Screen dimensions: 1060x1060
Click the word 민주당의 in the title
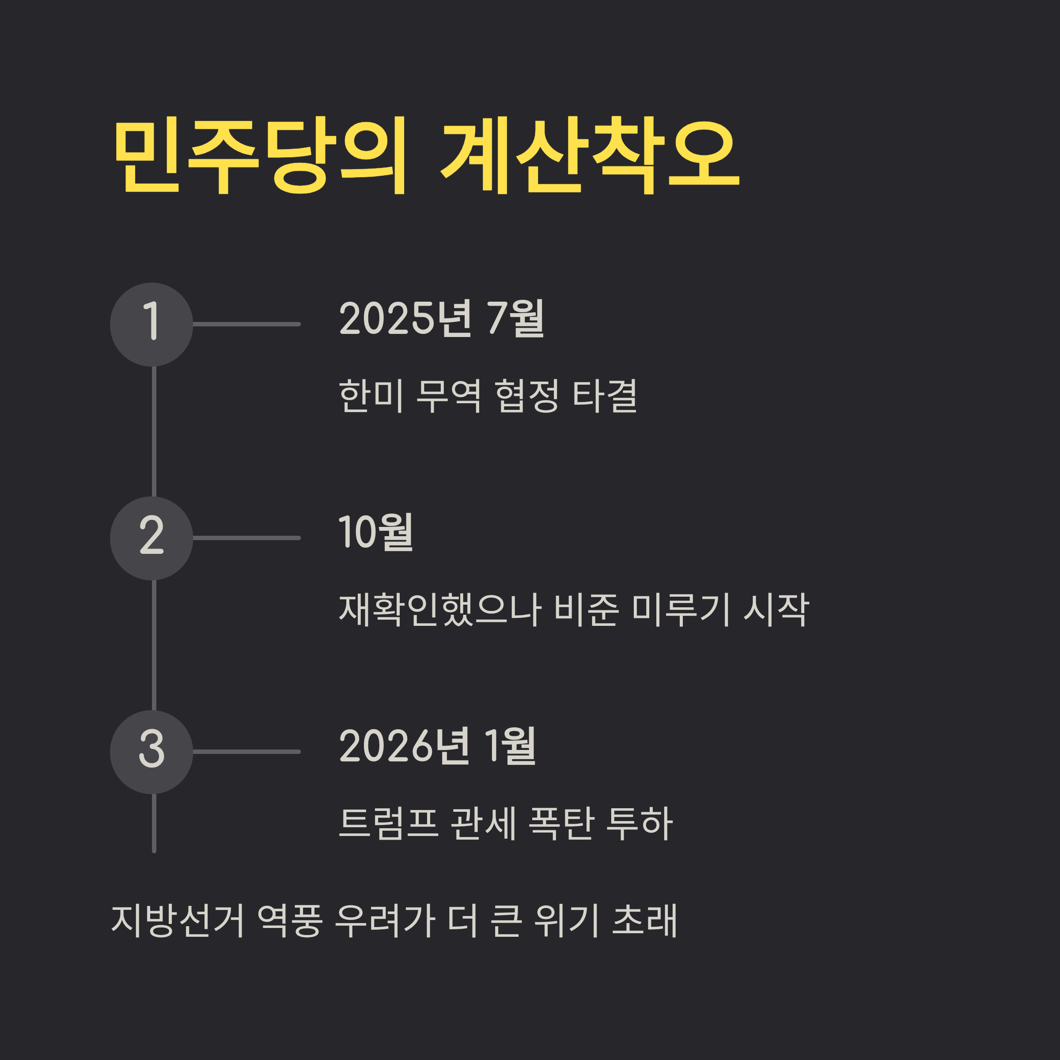(260, 155)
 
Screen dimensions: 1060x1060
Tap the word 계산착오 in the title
(590, 155)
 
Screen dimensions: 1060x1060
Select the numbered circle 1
(151, 324)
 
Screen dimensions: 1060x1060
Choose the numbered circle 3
(151, 752)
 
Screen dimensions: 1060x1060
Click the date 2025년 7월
(442, 318)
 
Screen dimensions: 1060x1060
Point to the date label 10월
(376, 532)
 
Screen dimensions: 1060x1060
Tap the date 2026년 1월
(437, 746)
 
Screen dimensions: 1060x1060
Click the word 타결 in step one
(605, 396)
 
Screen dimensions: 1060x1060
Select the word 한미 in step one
(371, 396)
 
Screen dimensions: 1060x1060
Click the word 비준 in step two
(587, 609)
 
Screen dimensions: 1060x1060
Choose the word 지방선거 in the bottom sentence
(177, 920)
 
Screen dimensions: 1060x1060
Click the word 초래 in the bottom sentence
(644, 920)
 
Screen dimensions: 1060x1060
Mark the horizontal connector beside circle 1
(246, 324)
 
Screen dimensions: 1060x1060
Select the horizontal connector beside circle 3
(246, 752)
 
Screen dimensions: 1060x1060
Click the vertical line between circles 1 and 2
(154, 431)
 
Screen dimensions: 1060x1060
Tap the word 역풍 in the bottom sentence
(289, 920)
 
